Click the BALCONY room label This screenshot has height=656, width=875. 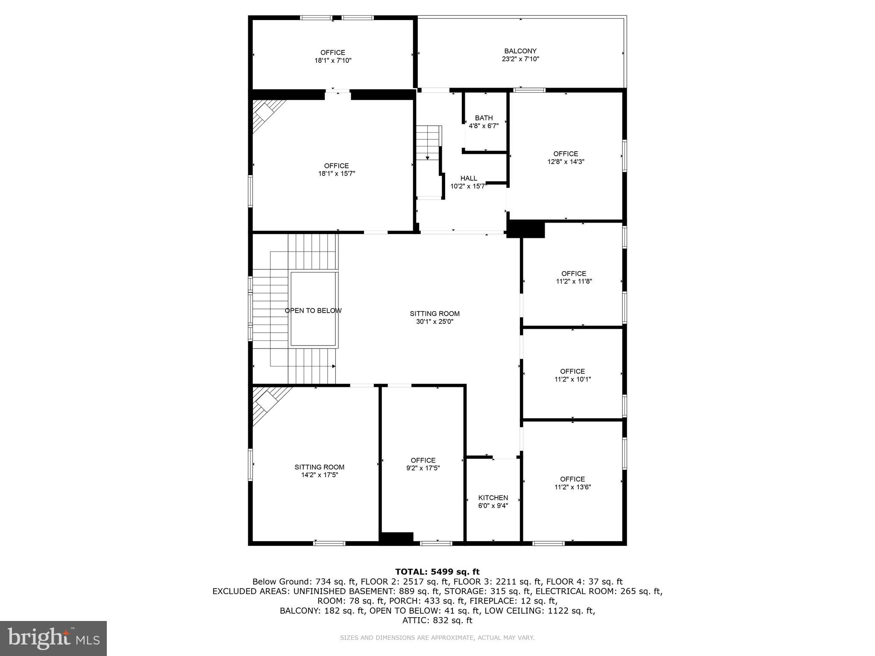tap(520, 51)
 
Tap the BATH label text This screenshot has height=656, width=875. tap(484, 118)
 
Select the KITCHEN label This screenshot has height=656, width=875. tap(493, 498)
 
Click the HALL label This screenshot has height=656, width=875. tap(469, 178)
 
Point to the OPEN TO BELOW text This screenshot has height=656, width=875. tap(313, 310)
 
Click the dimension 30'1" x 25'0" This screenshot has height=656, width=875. tap(435, 322)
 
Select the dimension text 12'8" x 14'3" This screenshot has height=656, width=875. tap(566, 162)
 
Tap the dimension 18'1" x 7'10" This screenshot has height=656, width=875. tap(333, 61)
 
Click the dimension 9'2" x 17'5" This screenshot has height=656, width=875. tap(423, 468)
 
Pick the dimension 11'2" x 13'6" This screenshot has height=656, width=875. tap(573, 487)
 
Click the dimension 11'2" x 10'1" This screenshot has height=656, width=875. tap(573, 379)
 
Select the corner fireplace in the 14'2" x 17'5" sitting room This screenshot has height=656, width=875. tap(267, 401)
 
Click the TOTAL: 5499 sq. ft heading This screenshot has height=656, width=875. tap(437, 572)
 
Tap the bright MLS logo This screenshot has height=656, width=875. tap(53, 638)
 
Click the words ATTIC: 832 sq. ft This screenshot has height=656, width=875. tap(437, 620)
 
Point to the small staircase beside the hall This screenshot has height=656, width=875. tap(429, 143)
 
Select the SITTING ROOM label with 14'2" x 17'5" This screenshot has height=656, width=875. tap(319, 467)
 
